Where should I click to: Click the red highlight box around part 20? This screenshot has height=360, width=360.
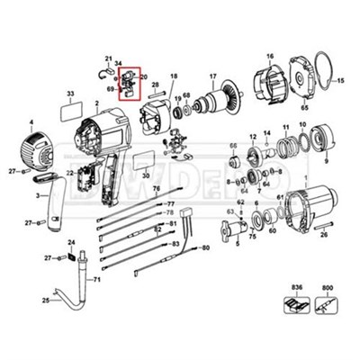131,82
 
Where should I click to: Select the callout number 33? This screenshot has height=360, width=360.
69,94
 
